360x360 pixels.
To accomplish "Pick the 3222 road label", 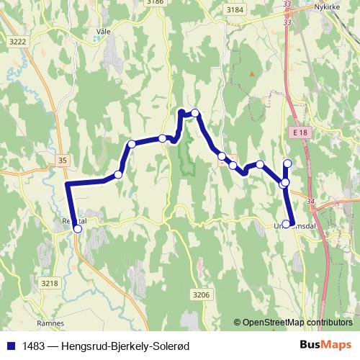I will coord(19,42).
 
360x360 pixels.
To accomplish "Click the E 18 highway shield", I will coord(300,133).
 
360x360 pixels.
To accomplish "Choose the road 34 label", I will coord(310,202).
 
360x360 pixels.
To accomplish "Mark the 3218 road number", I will coord(50,284).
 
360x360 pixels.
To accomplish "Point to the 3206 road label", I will coord(202,294).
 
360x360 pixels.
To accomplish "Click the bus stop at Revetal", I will coord(78,230).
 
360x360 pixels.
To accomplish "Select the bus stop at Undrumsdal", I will coord(287,224).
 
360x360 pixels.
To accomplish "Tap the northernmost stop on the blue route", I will coord(194,113).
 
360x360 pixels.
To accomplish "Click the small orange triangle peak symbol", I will coord(251,73).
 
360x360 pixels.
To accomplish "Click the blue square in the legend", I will coord(11,346).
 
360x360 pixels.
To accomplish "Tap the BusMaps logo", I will coord(325,345).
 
